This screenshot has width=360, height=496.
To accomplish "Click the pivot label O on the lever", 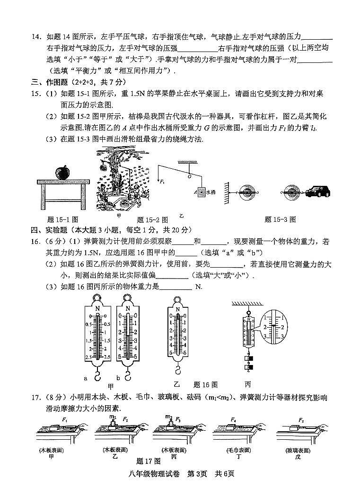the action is click(189, 176).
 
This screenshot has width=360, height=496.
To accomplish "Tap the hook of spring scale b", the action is click(127, 376).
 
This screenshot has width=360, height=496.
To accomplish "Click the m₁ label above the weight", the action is click(113, 417).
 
